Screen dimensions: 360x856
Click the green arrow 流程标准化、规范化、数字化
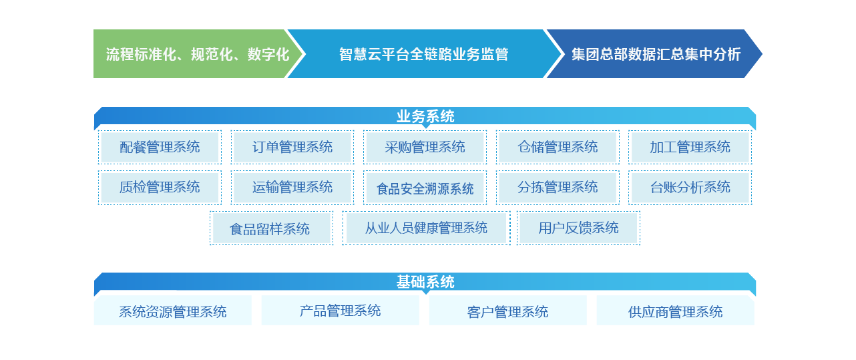(197, 54)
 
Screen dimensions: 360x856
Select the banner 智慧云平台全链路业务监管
(423, 54)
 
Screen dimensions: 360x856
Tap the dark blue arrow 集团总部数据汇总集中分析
(656, 54)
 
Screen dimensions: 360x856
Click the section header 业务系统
(425, 117)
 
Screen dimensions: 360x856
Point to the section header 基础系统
(425, 283)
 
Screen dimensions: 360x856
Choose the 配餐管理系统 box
(160, 148)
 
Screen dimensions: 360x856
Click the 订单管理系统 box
(292, 148)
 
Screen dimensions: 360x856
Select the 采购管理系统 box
(425, 148)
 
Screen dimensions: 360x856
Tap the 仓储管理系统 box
(558, 148)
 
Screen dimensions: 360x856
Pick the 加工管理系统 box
(690, 148)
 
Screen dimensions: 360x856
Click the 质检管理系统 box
(160, 188)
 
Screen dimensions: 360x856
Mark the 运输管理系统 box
(292, 188)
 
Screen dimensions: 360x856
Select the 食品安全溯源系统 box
(425, 188)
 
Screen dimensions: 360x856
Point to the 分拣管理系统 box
(558, 188)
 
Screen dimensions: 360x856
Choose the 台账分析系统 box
(690, 188)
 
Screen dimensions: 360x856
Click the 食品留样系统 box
(270, 228)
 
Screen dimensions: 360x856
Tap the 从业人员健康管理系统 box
(426, 228)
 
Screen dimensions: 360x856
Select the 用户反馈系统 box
(578, 228)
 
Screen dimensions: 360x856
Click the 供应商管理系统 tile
(675, 311)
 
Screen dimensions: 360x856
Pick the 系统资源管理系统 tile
(172, 311)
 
